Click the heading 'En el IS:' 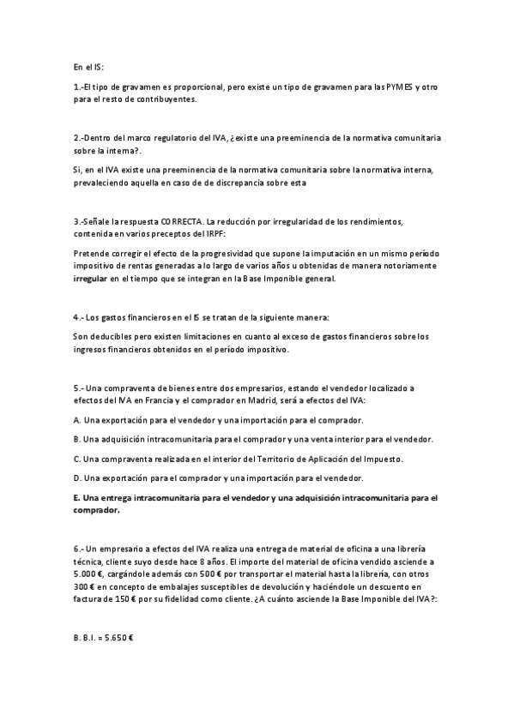(88, 67)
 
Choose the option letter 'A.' (77, 420)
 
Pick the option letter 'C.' (77, 459)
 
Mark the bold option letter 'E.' (77, 497)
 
